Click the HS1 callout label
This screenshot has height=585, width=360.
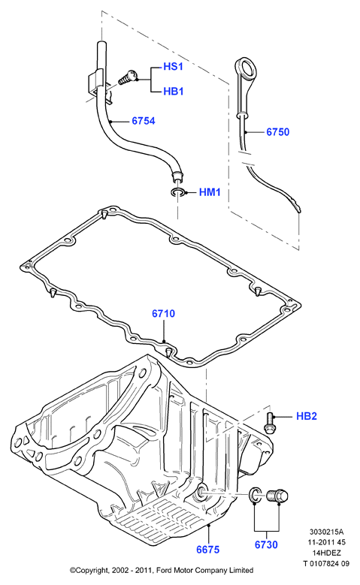[174, 67]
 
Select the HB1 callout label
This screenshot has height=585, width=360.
[174, 92]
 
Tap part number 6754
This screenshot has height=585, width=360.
[144, 121]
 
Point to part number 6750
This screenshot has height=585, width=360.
[277, 131]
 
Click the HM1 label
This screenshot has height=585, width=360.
[210, 192]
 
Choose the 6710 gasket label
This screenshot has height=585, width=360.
[163, 313]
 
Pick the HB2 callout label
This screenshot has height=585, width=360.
[306, 416]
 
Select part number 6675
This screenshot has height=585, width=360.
[208, 549]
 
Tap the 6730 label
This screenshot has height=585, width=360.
[266, 544]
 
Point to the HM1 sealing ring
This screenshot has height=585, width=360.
[177, 192]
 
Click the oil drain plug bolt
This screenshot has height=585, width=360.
[277, 496]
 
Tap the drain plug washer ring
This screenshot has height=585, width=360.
[255, 495]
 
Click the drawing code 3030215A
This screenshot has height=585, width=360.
[326, 532]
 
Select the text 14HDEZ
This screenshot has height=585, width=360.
[327, 553]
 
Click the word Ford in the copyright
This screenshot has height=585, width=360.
[164, 570]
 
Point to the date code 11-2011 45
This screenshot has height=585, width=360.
[327, 542]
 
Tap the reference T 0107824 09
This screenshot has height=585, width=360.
[326, 563]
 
